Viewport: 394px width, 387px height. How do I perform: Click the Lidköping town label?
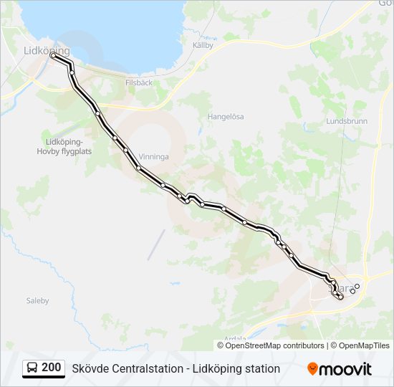47,50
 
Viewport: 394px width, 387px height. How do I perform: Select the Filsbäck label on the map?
139,82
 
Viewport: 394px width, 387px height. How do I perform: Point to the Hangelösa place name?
226,116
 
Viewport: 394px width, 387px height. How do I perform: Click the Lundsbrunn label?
346,121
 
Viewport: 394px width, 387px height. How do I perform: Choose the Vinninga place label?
153,156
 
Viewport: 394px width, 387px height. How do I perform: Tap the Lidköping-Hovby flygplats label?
64,146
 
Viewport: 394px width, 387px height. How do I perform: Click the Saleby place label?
37,301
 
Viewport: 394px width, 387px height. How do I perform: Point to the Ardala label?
235,338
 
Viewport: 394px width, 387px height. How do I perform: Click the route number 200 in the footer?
51,368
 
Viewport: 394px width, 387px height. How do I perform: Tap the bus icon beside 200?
33,368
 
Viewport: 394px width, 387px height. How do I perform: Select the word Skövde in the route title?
90,368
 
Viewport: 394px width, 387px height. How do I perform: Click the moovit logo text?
347,369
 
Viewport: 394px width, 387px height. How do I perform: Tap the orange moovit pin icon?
313,368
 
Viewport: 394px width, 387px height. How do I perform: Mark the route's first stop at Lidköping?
53,55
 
